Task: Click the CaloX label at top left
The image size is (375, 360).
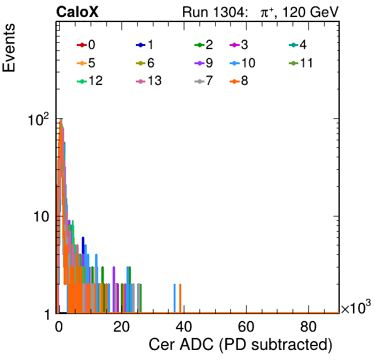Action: coord(77,12)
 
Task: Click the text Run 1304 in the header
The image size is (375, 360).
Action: coord(214,12)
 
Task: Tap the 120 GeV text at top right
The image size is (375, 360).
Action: coord(310,12)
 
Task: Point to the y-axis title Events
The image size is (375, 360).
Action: coord(9,48)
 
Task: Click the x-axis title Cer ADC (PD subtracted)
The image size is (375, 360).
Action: coord(240,345)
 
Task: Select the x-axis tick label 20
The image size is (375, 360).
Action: coord(121,327)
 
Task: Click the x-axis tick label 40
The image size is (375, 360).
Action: coord(184,327)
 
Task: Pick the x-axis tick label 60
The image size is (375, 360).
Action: coord(246,327)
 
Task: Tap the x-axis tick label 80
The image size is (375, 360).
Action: coord(308,327)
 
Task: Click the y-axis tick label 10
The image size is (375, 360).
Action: coord(41,217)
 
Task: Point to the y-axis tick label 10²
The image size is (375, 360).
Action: coord(38,120)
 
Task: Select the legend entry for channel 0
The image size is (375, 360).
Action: coord(86,45)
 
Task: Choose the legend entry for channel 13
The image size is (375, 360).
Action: coord(148,81)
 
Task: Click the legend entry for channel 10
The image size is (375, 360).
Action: coord(242,63)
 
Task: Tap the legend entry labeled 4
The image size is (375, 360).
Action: coord(298,45)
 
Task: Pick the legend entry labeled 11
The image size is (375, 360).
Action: coord(301,63)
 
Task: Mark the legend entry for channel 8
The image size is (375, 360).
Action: coord(239,81)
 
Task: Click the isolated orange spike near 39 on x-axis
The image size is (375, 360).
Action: coord(181,298)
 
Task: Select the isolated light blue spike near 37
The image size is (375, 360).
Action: coord(174,298)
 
